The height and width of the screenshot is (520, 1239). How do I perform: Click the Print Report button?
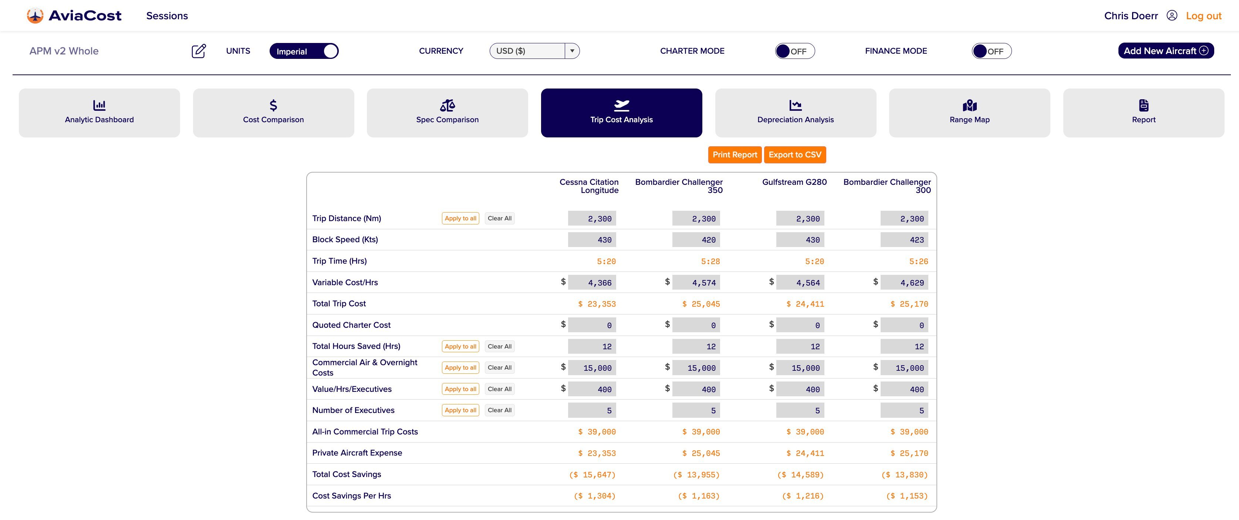coord(735,154)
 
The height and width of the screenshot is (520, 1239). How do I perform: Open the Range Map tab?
coord(969,113)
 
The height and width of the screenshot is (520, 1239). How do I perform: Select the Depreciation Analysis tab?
coord(795,113)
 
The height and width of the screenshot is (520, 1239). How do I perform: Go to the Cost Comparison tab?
coord(273,113)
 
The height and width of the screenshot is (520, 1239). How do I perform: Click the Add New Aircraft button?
coord(1165,50)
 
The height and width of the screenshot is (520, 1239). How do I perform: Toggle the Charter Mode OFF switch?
coord(794,51)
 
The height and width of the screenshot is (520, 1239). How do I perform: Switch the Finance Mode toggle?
coord(991,51)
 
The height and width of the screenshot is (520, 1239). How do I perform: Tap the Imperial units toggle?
coord(304,51)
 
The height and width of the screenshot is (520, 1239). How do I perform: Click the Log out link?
coord(1203,16)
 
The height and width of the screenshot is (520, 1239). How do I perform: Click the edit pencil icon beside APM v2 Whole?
coord(199,51)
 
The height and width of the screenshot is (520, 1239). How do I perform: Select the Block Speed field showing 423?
coord(904,240)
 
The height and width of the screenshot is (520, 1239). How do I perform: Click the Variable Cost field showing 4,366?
coord(592,283)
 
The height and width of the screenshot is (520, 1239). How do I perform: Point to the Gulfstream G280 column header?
coord(794,182)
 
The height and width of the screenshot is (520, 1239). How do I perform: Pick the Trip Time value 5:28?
coord(710,261)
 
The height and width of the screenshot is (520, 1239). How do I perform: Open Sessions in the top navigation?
coord(167,16)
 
